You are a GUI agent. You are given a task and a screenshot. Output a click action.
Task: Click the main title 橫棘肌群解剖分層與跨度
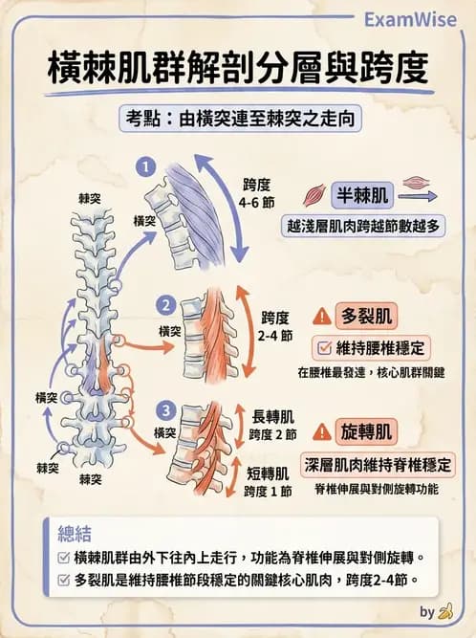click(x=238, y=69)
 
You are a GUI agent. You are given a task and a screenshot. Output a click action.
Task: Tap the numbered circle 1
click(x=145, y=167)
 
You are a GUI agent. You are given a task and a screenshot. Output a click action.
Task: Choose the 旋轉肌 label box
click(x=367, y=432)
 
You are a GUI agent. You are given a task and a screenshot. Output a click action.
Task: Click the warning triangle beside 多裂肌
click(x=322, y=316)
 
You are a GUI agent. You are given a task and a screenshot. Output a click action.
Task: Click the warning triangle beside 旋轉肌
click(x=322, y=432)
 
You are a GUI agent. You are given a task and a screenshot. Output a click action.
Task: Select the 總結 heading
click(x=76, y=531)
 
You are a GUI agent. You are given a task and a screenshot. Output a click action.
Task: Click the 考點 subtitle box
click(x=237, y=122)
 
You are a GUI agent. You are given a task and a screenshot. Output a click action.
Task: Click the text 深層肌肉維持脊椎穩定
click(x=378, y=465)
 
